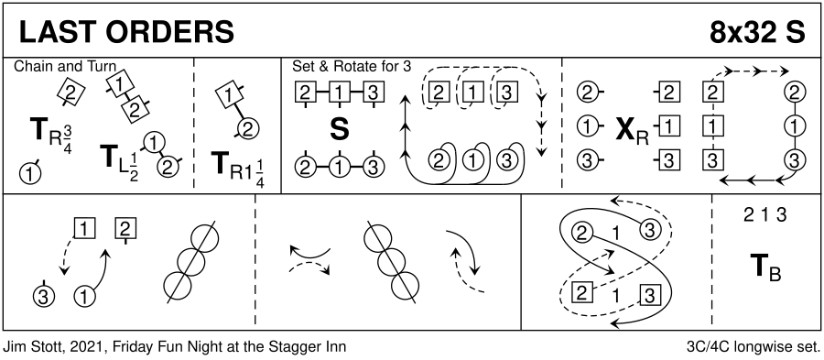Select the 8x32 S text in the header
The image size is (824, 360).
coord(757,33)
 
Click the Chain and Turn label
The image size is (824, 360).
coord(65,67)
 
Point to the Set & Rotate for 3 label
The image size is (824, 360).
coord(352,67)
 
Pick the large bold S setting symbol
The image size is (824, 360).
coord(340,130)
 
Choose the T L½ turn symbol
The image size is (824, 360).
coord(119,161)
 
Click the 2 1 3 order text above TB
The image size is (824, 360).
coord(764,215)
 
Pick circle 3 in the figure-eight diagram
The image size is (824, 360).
coord(649,231)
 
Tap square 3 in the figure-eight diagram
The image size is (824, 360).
coord(649,296)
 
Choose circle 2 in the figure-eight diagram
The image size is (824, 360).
coord(581,233)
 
